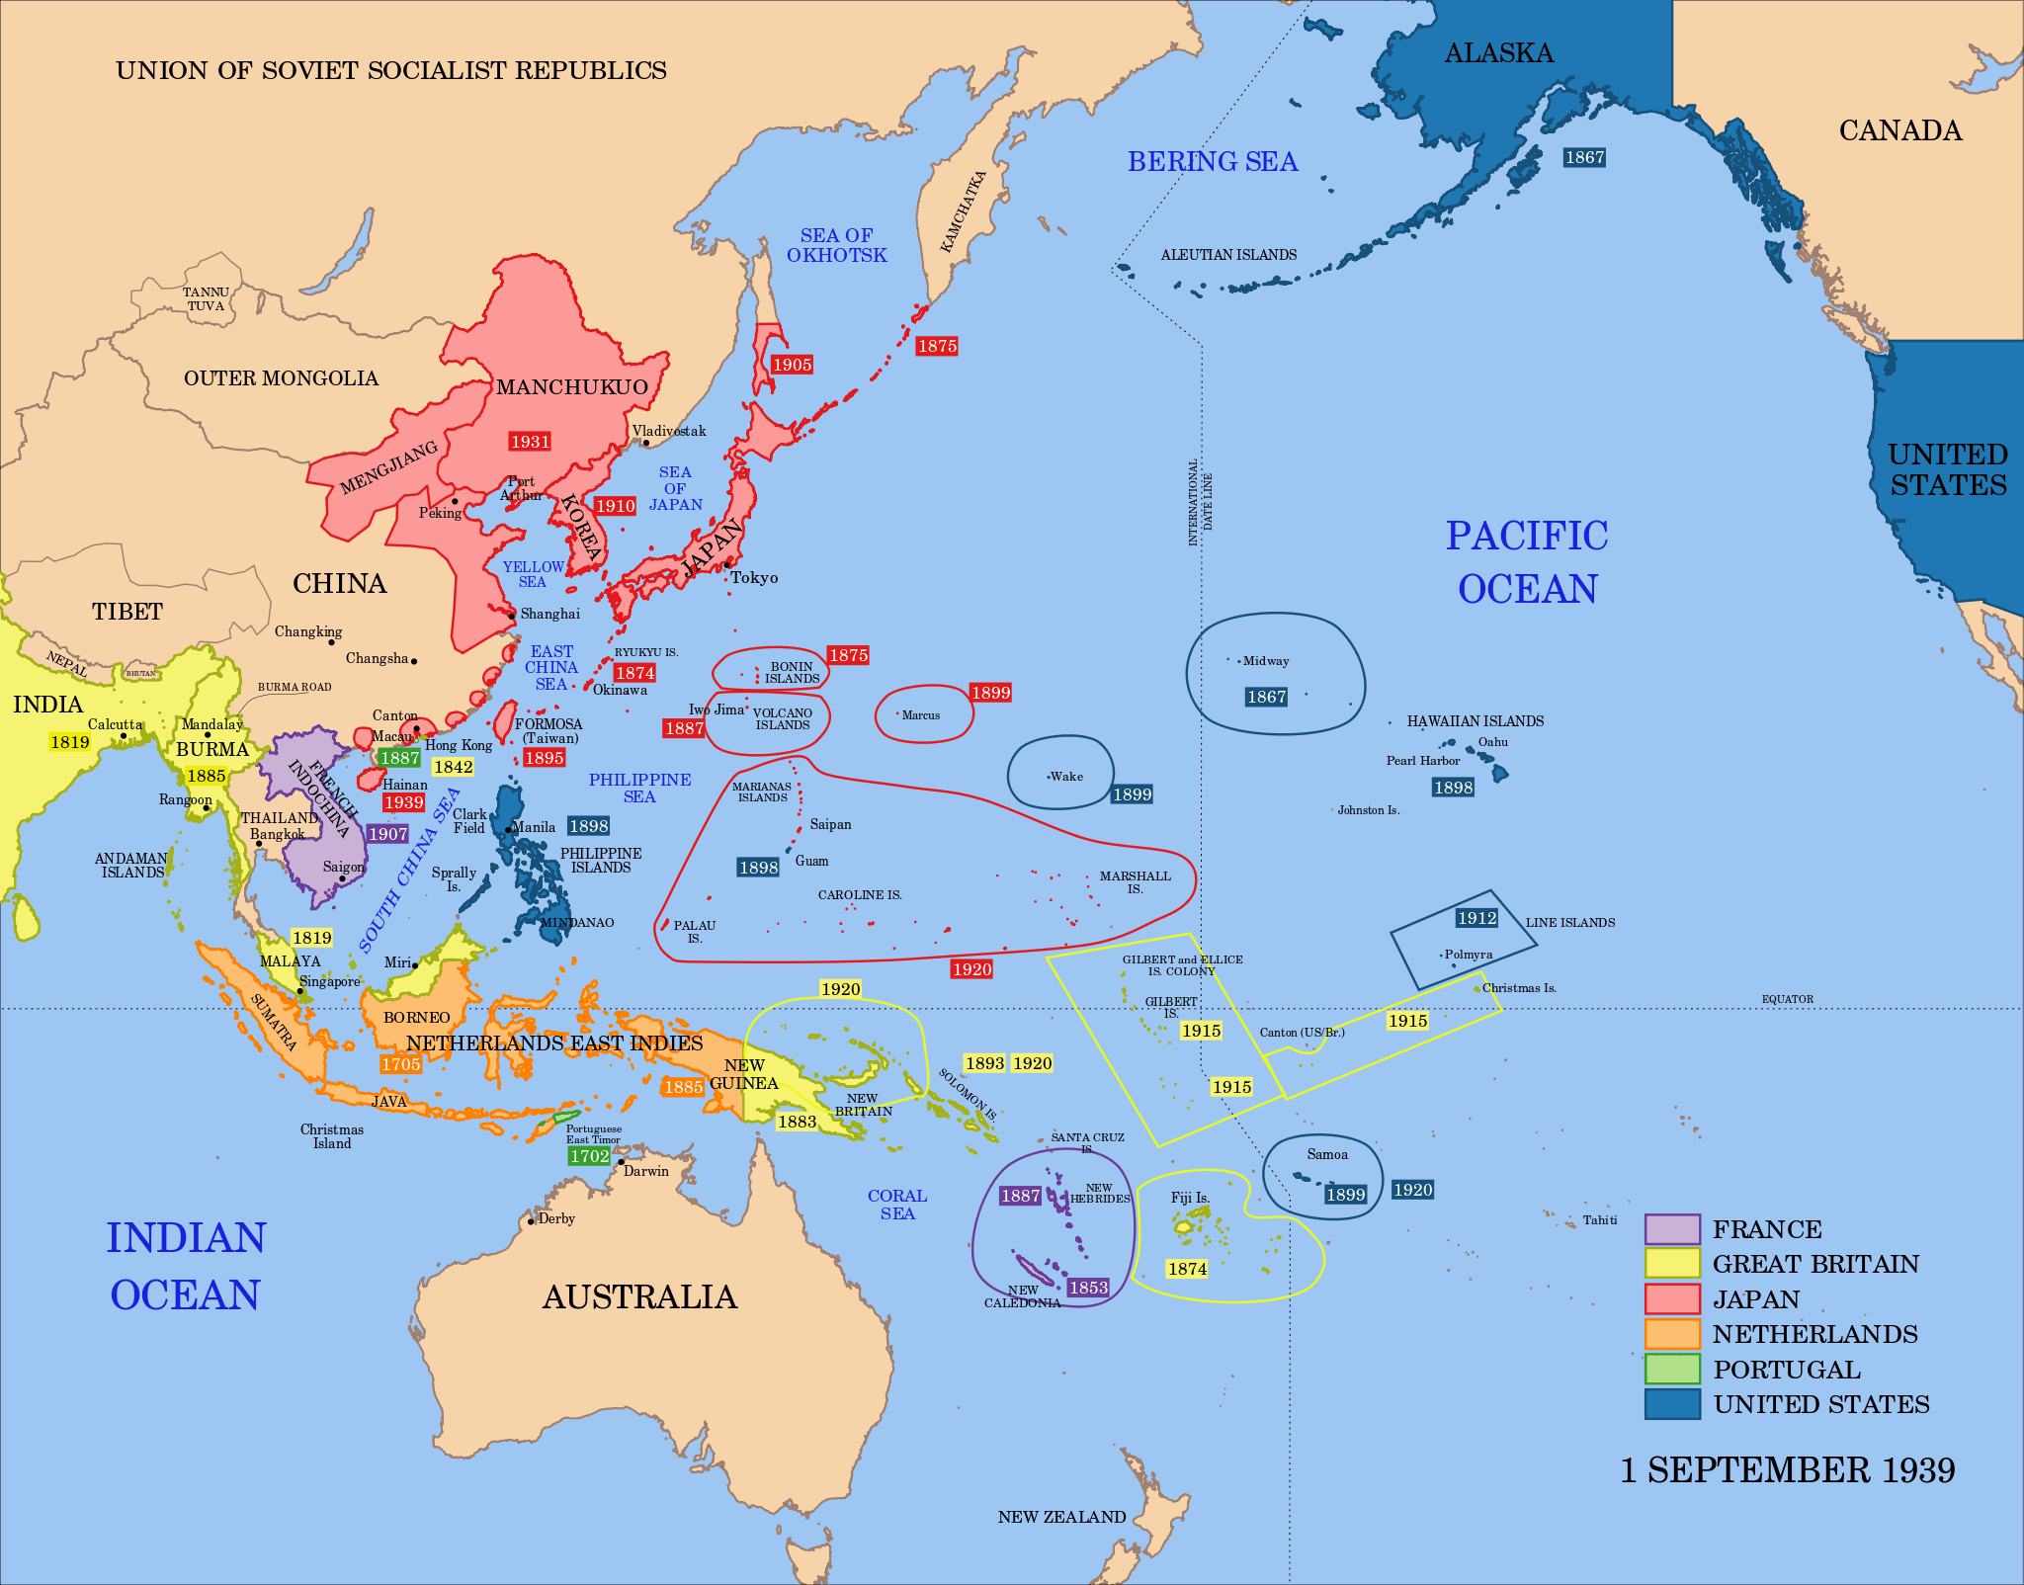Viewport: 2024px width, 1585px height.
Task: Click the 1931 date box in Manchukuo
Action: point(530,442)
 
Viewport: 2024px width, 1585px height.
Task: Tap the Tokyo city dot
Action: point(726,565)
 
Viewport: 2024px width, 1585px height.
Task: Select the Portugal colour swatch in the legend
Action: point(1672,1369)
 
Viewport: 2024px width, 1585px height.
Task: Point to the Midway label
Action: point(1265,661)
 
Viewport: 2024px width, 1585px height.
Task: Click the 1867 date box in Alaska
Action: point(1584,157)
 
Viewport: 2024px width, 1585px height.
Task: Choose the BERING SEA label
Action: point(1213,161)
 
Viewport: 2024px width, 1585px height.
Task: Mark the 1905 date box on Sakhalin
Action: point(792,365)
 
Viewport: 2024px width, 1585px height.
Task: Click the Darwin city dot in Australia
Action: point(622,1162)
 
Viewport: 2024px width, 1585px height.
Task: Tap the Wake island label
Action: point(1066,777)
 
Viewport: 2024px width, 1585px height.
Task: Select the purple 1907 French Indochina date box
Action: point(387,834)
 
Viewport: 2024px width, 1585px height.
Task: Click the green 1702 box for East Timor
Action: point(589,1156)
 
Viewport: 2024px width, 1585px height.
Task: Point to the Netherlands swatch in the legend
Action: point(1672,1334)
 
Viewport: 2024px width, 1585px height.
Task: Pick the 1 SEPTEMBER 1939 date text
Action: point(1787,1470)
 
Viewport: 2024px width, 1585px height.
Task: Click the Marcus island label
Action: point(921,715)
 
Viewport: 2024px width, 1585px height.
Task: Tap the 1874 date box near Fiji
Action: point(1187,1269)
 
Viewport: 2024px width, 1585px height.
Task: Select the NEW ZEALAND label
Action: point(1061,1517)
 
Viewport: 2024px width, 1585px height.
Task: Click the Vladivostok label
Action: point(669,431)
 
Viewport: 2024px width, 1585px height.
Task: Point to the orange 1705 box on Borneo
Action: point(401,1064)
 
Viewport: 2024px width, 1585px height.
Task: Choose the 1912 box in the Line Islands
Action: point(1476,918)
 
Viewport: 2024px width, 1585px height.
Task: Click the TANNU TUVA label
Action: point(206,299)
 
